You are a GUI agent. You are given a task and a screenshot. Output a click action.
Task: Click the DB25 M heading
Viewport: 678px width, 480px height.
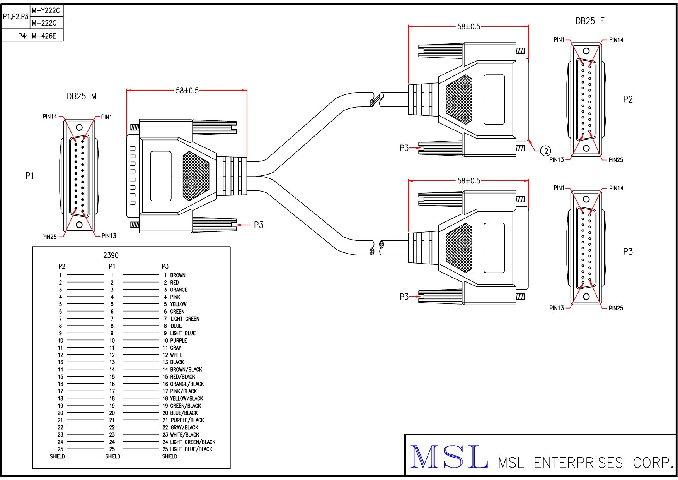click(x=82, y=96)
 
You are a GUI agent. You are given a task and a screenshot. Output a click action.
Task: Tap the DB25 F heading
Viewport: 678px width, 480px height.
click(x=589, y=21)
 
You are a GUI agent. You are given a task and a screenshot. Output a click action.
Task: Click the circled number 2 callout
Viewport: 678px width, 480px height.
click(x=546, y=151)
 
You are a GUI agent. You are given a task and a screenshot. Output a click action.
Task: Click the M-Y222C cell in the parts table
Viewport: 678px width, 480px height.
click(x=46, y=11)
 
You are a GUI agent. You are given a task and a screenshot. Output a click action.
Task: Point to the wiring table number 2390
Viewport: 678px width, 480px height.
click(x=111, y=255)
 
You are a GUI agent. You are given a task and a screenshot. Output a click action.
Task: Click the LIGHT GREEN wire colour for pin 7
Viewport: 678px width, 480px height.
click(x=185, y=319)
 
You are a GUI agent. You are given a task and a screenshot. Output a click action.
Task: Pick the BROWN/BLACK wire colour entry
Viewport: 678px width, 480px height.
click(x=186, y=370)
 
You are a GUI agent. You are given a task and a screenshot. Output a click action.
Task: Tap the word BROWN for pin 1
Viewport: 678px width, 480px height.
click(x=178, y=275)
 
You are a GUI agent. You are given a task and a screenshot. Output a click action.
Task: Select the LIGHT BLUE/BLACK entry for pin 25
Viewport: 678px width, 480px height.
click(x=191, y=449)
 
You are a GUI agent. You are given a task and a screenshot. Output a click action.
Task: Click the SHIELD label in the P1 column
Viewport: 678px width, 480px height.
click(x=112, y=457)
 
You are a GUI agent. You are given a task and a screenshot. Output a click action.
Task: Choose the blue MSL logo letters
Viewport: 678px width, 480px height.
click(x=448, y=458)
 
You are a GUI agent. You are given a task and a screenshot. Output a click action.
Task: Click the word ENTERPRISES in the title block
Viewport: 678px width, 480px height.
click(x=578, y=463)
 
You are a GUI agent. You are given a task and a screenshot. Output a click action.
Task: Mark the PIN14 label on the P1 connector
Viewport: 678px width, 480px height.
click(x=50, y=117)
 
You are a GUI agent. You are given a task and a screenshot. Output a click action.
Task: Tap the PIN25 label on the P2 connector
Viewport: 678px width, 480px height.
click(x=616, y=160)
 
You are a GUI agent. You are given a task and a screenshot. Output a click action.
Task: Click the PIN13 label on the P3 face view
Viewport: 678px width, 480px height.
click(x=557, y=308)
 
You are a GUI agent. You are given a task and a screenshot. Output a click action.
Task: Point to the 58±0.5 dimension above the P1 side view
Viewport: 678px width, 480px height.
click(x=187, y=91)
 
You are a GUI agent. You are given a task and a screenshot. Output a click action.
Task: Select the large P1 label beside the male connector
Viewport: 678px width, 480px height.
click(x=30, y=176)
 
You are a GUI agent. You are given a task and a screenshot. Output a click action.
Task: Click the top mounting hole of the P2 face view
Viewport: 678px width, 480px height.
click(x=586, y=51)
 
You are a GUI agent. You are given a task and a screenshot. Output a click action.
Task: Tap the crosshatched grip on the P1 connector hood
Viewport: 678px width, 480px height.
click(x=195, y=176)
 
